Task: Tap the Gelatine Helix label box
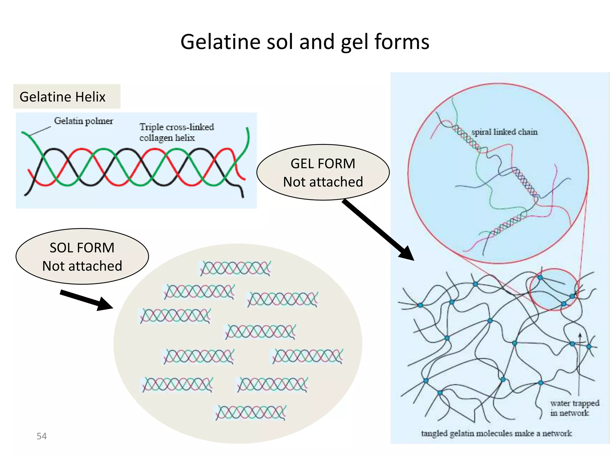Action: tap(67, 96)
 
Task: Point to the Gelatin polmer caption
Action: tap(83, 121)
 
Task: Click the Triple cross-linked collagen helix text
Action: tap(176, 132)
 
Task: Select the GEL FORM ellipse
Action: tap(323, 172)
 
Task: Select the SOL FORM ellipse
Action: tap(82, 256)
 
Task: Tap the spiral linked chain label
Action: tap(504, 132)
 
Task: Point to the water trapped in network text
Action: tap(574, 408)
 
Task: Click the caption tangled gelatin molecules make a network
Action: tap(496, 433)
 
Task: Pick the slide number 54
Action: tap(42, 436)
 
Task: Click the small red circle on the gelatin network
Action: tap(554, 289)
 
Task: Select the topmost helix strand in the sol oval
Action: tap(235, 268)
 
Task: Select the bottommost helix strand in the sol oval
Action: tap(250, 413)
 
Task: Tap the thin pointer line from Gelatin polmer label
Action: tap(40, 131)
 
